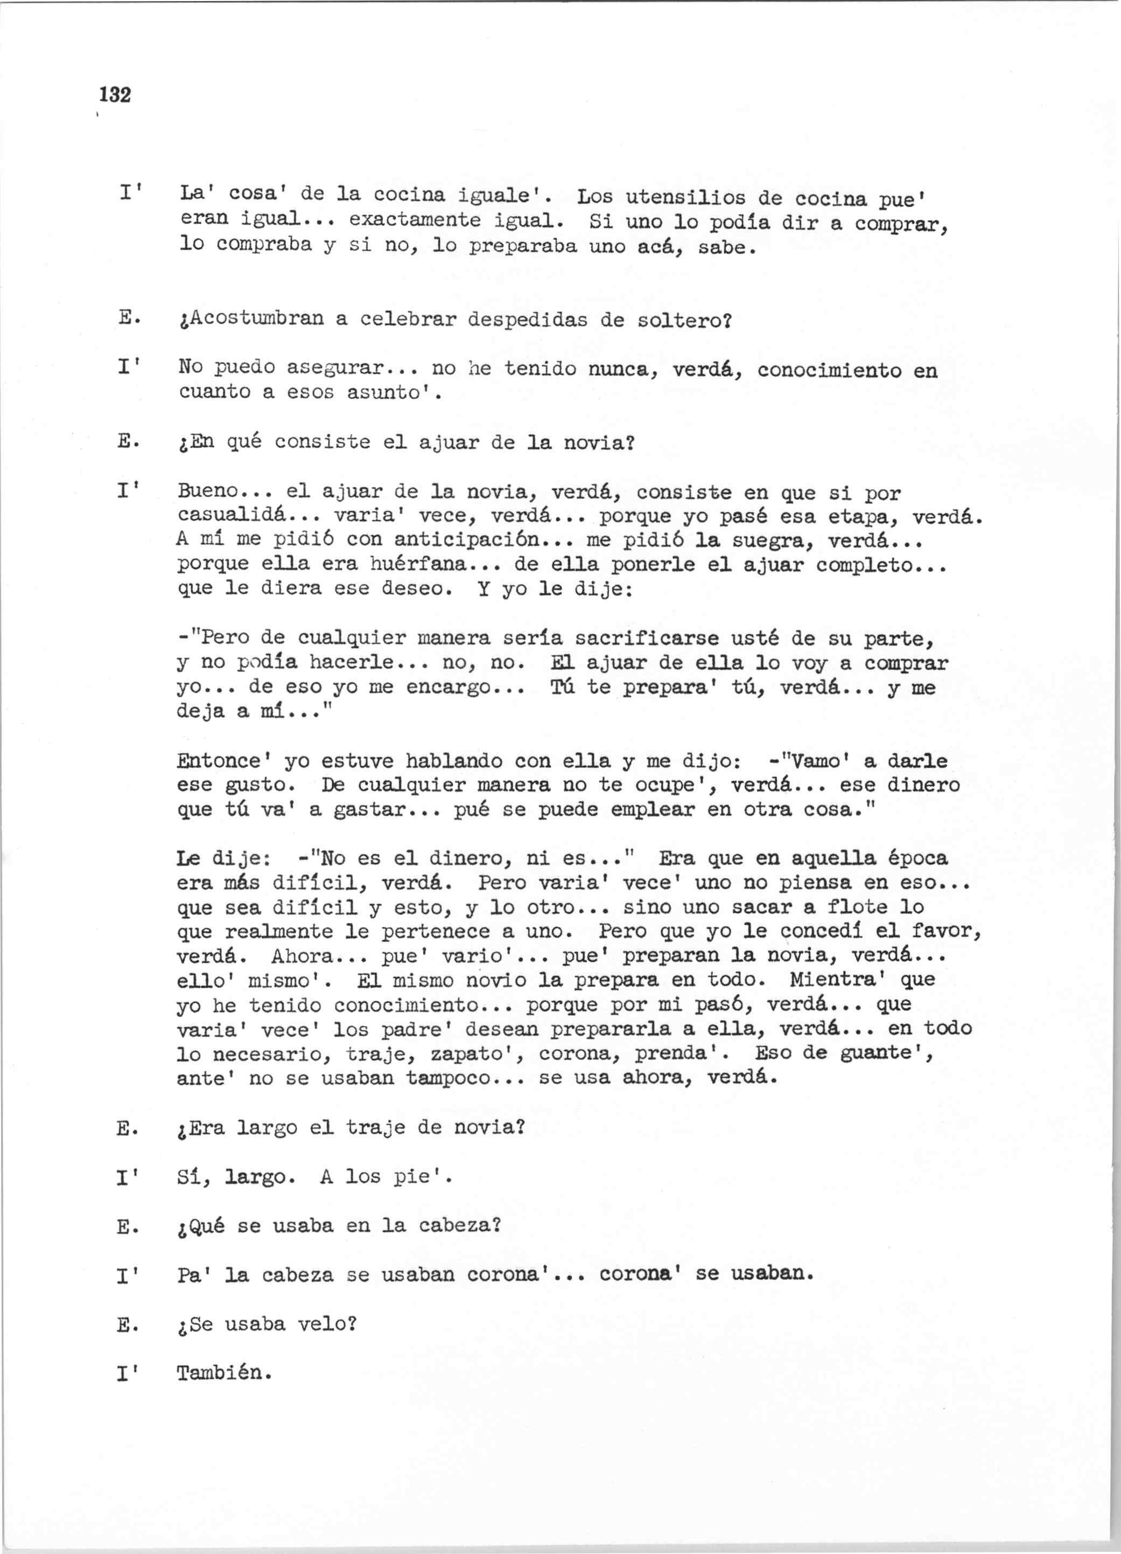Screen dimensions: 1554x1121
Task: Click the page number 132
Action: coord(114,94)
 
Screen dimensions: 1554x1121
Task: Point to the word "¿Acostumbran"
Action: coord(250,320)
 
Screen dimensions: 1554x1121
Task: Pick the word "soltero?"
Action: coord(685,321)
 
